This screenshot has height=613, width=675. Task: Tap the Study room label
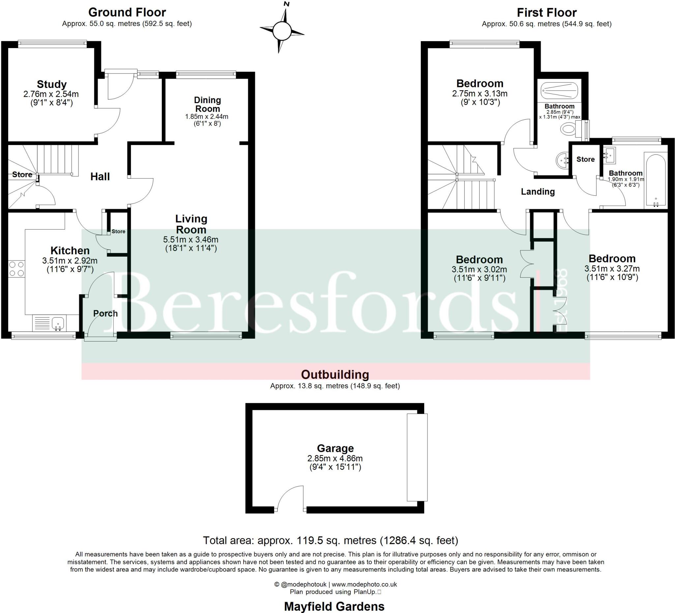pyautogui.click(x=51, y=84)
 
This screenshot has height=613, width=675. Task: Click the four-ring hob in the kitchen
pyautogui.click(x=16, y=269)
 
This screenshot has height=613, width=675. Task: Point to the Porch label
pyautogui.click(x=105, y=314)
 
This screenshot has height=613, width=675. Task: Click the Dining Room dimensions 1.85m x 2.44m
pyautogui.click(x=207, y=117)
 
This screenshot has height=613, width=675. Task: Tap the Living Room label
pyautogui.click(x=191, y=224)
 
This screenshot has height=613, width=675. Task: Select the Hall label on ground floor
pyautogui.click(x=100, y=177)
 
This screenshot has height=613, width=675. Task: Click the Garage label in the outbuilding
pyautogui.click(x=335, y=448)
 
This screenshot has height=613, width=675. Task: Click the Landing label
pyautogui.click(x=538, y=192)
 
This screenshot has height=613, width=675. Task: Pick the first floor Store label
pyautogui.click(x=585, y=159)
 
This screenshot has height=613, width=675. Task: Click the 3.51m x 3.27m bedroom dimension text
pyautogui.click(x=612, y=269)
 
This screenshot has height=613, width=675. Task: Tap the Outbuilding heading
pyautogui.click(x=335, y=374)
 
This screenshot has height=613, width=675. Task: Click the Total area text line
pyautogui.click(x=331, y=541)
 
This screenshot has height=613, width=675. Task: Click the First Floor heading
pyautogui.click(x=546, y=13)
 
